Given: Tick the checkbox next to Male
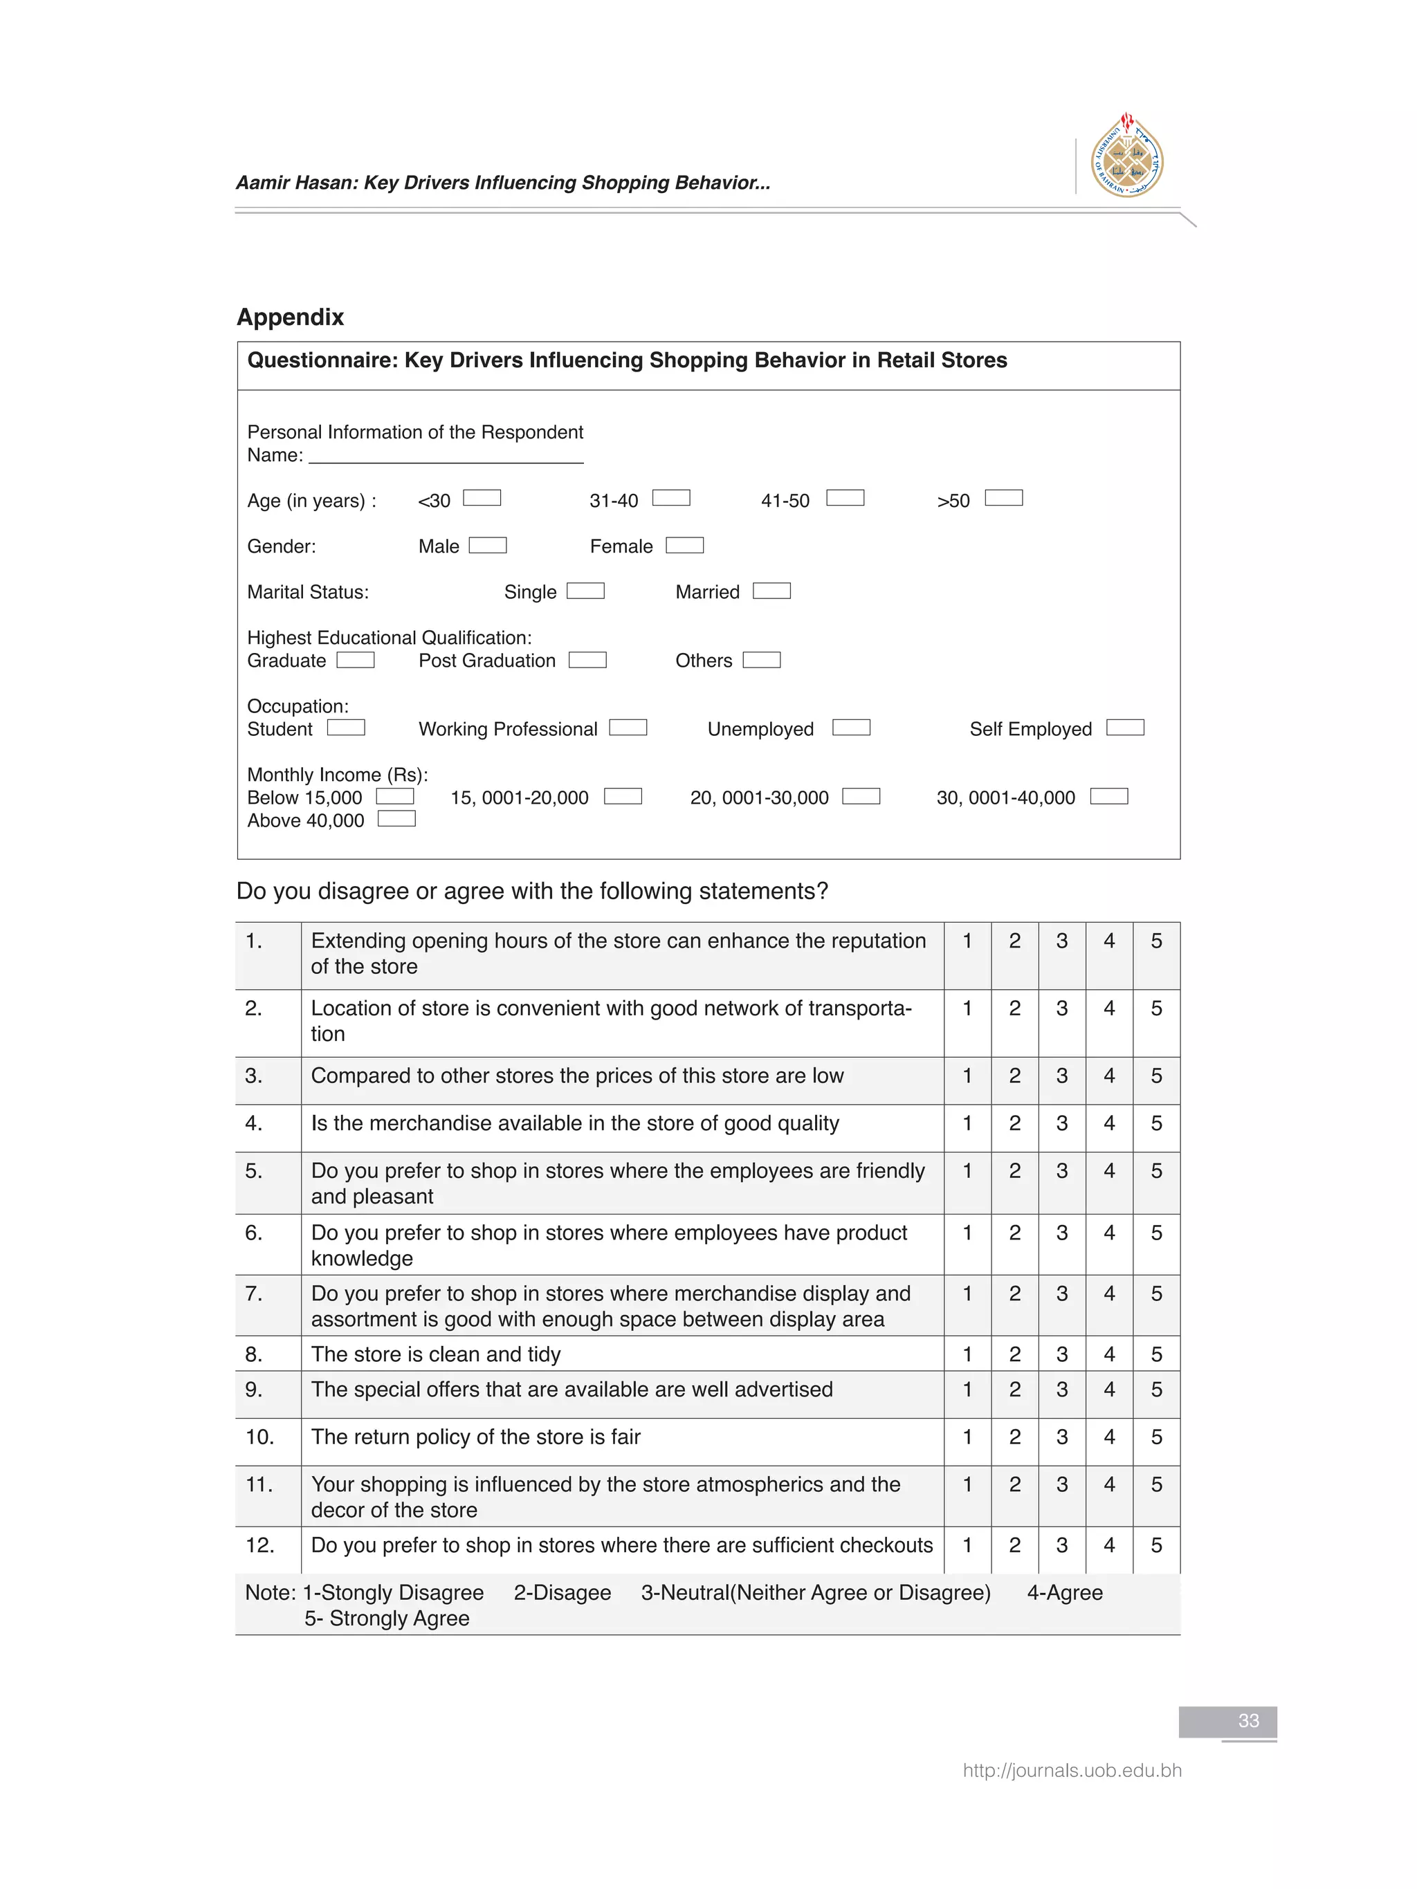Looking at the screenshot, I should [x=488, y=545].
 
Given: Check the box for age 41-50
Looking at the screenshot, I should [x=845, y=498].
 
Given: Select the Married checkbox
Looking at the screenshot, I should [x=771, y=591].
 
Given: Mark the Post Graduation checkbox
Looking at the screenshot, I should [x=587, y=659].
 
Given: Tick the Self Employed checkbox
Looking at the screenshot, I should [x=1124, y=728].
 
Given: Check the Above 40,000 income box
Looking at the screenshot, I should [x=396, y=819].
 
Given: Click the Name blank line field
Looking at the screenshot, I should [x=446, y=456].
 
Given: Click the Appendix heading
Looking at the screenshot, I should [x=289, y=317].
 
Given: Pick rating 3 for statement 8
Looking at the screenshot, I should [x=1061, y=1354].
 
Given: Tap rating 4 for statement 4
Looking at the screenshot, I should [x=1108, y=1123].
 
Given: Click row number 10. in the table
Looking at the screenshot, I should [x=259, y=1437].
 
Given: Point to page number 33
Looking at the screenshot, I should [x=1248, y=1721].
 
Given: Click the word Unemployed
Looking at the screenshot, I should [x=760, y=729].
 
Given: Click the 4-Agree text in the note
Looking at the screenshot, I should [x=1064, y=1593].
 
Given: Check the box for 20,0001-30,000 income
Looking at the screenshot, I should [x=861, y=796].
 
